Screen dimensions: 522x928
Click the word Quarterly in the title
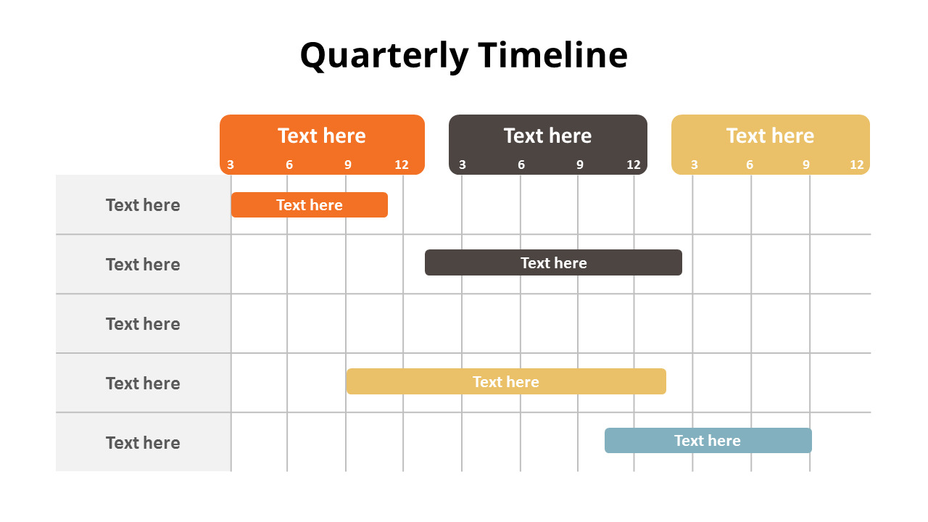point(384,56)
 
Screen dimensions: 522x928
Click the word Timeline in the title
point(552,56)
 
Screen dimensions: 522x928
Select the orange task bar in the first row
point(310,205)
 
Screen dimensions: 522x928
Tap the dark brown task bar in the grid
point(553,262)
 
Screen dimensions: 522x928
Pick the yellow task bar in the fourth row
point(505,381)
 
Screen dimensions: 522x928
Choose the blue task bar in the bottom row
point(708,441)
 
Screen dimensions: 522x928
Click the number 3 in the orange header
point(231,165)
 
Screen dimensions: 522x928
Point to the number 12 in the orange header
point(402,165)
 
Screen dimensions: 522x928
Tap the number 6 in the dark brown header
point(521,165)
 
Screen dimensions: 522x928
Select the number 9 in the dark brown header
point(580,165)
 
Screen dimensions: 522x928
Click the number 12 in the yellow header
point(857,165)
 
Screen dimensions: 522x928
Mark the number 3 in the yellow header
point(695,165)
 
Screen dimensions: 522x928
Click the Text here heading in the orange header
point(322,136)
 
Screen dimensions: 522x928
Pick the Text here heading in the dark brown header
point(547,136)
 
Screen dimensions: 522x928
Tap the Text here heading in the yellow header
point(770,136)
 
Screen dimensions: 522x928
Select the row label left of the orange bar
point(143,205)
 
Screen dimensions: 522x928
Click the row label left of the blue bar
point(143,443)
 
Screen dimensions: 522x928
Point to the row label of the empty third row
point(143,324)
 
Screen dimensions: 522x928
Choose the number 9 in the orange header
point(348,165)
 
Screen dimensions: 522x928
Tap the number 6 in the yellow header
point(750,165)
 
